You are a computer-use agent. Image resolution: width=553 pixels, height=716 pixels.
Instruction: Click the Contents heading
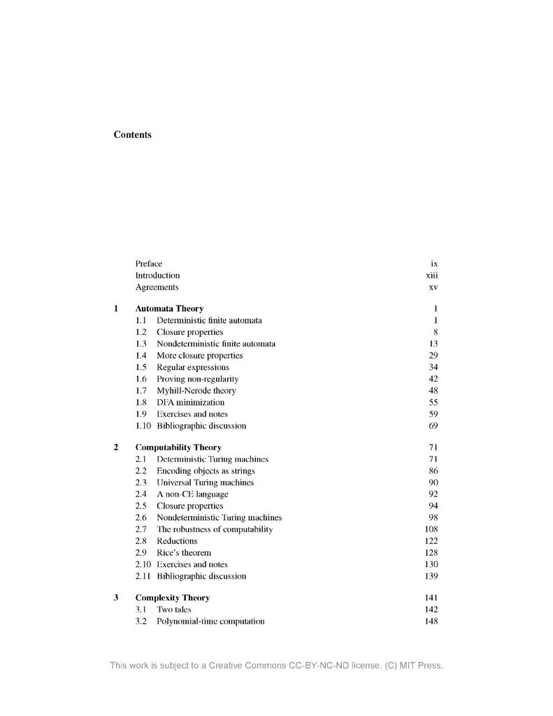point(132,134)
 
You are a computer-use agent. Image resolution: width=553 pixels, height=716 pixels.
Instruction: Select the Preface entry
point(148,264)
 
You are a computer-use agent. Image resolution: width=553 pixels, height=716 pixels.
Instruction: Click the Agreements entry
point(157,287)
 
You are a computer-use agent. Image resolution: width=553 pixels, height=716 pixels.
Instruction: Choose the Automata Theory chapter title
point(169,308)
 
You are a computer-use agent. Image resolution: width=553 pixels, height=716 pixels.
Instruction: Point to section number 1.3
point(141,344)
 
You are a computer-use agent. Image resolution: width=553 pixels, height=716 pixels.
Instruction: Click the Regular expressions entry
point(192,367)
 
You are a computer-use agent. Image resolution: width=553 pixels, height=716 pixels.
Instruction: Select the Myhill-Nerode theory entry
point(196,391)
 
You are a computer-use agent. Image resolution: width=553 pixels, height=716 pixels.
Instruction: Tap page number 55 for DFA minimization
point(433,403)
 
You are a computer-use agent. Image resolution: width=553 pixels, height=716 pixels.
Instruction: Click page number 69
point(433,426)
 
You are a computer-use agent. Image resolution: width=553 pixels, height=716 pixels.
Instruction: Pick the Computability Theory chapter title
point(178,447)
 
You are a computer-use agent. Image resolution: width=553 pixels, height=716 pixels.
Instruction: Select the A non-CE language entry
point(192,494)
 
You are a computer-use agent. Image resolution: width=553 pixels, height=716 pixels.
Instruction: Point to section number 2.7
point(141,529)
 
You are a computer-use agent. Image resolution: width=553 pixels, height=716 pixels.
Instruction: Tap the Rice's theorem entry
point(183,553)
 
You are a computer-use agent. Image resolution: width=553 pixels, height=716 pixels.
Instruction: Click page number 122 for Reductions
point(431,541)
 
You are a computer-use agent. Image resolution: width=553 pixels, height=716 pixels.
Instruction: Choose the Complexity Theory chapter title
point(172,598)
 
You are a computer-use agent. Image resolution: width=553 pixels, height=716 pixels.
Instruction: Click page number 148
point(431,622)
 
